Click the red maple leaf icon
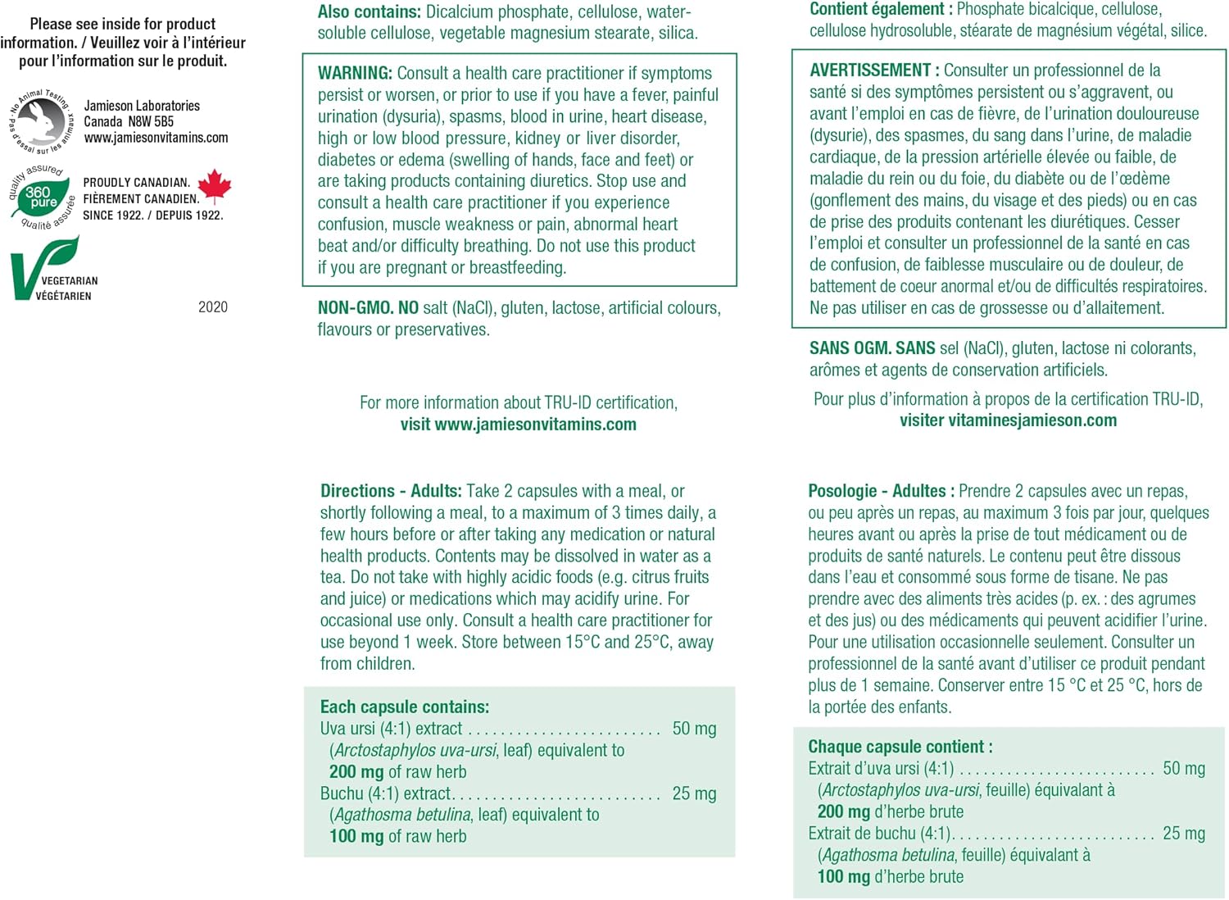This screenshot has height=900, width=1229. (x=215, y=186)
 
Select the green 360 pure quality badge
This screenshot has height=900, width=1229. (x=40, y=198)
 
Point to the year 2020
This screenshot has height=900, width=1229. (x=213, y=307)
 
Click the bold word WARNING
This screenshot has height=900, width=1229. (x=355, y=73)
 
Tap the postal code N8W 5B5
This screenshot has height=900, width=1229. (x=151, y=121)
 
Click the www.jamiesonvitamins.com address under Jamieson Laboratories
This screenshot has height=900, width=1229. (x=156, y=138)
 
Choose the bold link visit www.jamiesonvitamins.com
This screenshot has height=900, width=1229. (x=518, y=425)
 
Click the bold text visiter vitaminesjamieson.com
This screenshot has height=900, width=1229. (x=1008, y=420)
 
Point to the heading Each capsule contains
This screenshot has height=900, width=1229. (x=404, y=707)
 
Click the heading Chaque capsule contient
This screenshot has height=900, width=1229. (x=900, y=747)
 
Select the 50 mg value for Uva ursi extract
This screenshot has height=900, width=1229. (x=694, y=729)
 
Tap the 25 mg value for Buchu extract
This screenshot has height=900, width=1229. (x=694, y=793)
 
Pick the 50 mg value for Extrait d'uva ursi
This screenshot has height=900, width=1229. (x=1184, y=769)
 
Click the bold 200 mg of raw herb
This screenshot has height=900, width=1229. (x=356, y=772)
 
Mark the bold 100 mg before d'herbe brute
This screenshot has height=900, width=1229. (x=844, y=877)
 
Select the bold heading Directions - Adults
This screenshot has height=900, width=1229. (x=391, y=491)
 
